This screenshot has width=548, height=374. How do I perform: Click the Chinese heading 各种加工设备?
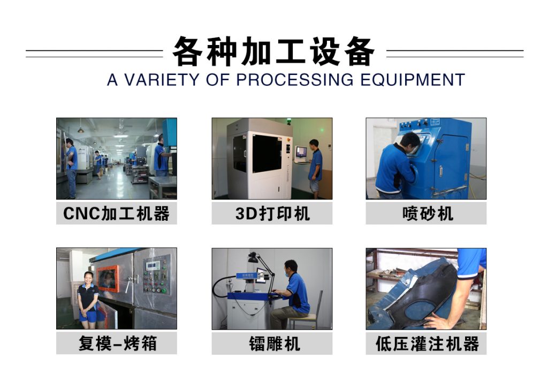point(273,51)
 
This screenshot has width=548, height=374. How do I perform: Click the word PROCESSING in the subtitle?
point(295,80)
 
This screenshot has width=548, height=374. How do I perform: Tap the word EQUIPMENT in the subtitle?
point(413,80)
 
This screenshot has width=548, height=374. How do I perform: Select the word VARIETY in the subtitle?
point(162,80)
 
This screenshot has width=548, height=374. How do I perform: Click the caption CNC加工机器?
point(116,213)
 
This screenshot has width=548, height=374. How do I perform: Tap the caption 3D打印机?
point(272,213)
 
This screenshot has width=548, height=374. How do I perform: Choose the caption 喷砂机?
point(428,213)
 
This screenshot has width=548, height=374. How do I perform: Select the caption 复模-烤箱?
point(117,343)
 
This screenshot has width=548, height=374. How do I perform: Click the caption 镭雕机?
point(275,343)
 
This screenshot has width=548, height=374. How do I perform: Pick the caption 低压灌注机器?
point(427,343)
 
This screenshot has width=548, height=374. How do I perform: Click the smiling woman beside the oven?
point(88,300)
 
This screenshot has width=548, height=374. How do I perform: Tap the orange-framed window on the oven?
point(108,278)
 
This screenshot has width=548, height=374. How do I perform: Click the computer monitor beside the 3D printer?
point(301,152)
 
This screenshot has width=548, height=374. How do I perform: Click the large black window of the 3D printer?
point(267,153)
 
